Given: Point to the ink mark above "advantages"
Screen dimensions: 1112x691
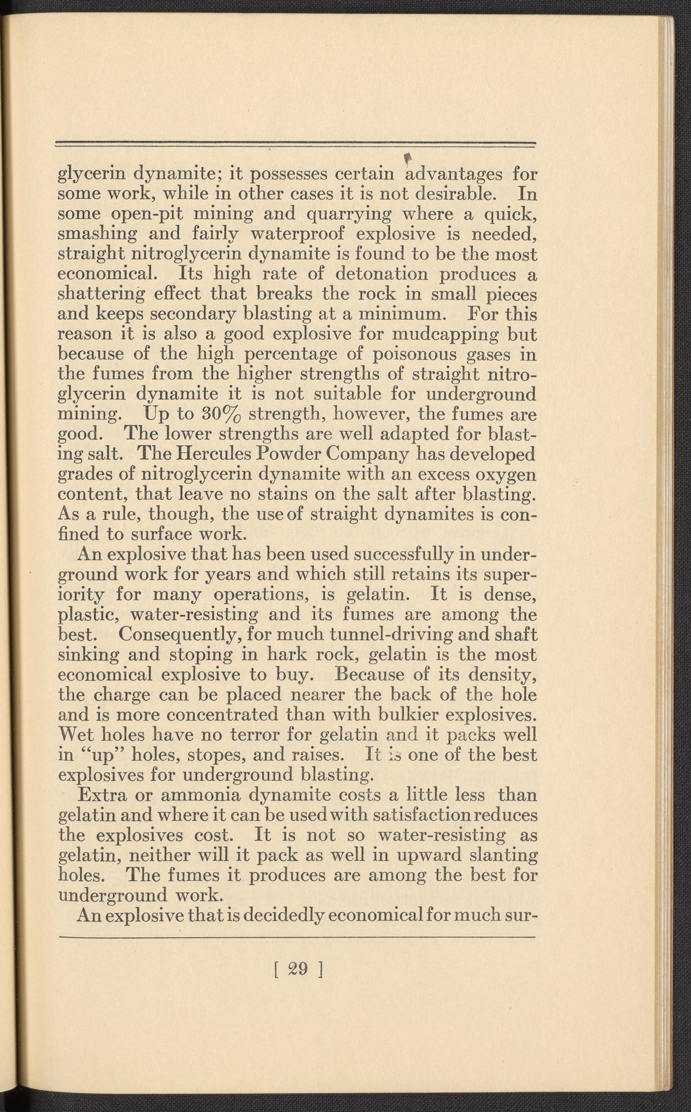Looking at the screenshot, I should click(409, 155).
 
